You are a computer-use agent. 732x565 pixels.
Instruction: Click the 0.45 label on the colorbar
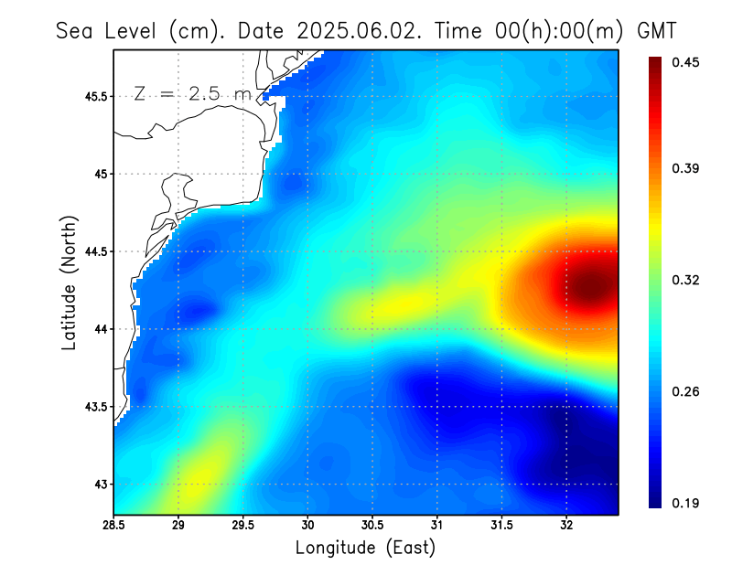click(x=687, y=62)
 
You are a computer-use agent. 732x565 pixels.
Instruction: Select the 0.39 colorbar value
click(x=687, y=168)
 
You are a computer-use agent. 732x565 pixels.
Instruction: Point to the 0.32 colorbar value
click(x=687, y=280)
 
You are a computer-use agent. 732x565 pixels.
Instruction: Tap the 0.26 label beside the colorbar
click(x=687, y=391)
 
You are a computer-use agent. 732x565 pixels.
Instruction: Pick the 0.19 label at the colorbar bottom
click(x=687, y=503)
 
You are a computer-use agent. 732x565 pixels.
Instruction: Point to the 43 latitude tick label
click(x=100, y=485)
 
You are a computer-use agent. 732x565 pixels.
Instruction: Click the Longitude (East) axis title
click(x=365, y=548)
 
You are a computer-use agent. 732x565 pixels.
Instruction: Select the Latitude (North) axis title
click(x=69, y=282)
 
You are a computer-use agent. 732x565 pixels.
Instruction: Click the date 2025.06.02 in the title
click(x=350, y=30)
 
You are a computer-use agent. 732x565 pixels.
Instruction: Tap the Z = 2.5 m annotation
click(x=191, y=93)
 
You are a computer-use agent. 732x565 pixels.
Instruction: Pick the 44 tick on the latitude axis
click(x=100, y=329)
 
